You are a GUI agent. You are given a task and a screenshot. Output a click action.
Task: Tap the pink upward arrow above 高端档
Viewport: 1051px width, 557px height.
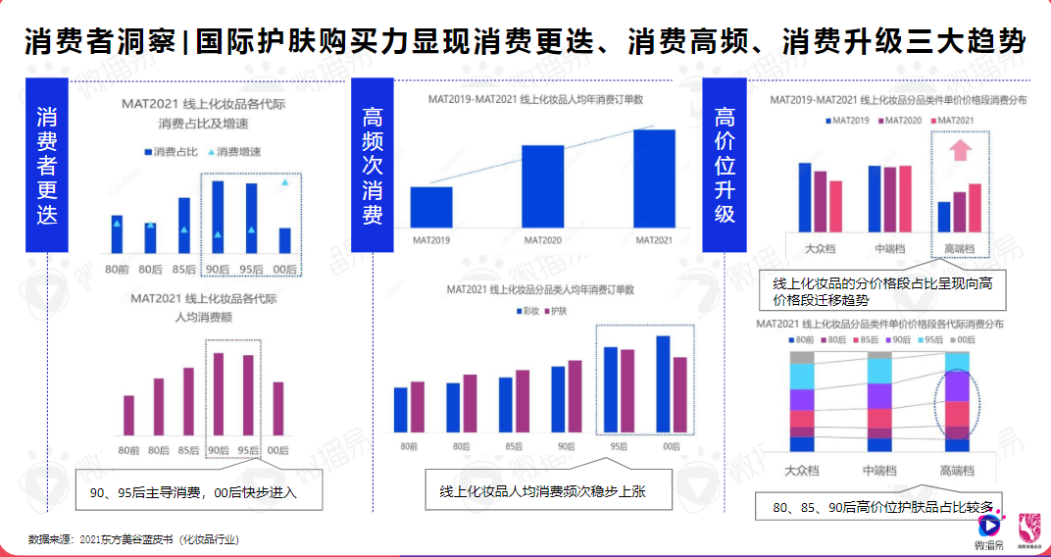click(960, 150)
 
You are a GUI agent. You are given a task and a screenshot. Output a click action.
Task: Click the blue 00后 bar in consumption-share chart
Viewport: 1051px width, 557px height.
click(284, 240)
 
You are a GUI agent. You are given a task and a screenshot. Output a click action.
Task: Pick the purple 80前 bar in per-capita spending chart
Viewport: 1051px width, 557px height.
click(128, 415)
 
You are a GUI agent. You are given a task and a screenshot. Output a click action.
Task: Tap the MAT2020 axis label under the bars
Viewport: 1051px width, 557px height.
click(542, 239)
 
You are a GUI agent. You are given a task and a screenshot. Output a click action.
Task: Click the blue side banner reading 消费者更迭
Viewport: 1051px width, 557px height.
click(46, 166)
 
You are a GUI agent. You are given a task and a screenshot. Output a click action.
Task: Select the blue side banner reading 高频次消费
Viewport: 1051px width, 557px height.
click(373, 166)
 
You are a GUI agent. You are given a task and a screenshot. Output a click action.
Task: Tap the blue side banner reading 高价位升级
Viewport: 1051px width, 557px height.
click(725, 166)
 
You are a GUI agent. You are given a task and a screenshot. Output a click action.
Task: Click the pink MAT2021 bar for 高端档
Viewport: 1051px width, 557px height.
click(975, 206)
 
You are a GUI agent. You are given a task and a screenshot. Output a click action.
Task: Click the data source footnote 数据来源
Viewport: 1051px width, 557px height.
click(133, 539)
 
